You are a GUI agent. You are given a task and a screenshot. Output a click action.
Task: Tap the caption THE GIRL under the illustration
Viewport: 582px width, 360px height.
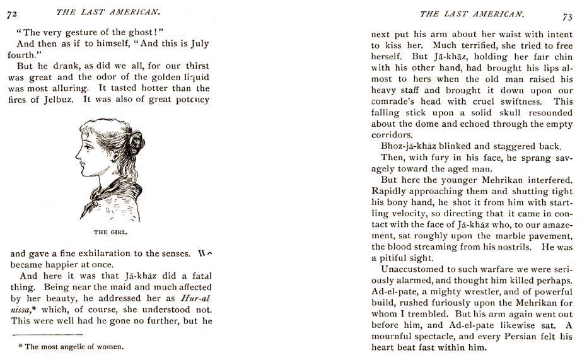click(x=110, y=232)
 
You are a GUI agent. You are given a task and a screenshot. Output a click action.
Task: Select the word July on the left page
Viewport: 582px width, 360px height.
click(x=195, y=44)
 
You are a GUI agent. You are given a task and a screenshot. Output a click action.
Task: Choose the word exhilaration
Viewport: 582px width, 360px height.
click(x=95, y=254)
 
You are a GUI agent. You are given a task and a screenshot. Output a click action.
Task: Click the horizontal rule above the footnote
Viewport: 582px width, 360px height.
click(x=47, y=334)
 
